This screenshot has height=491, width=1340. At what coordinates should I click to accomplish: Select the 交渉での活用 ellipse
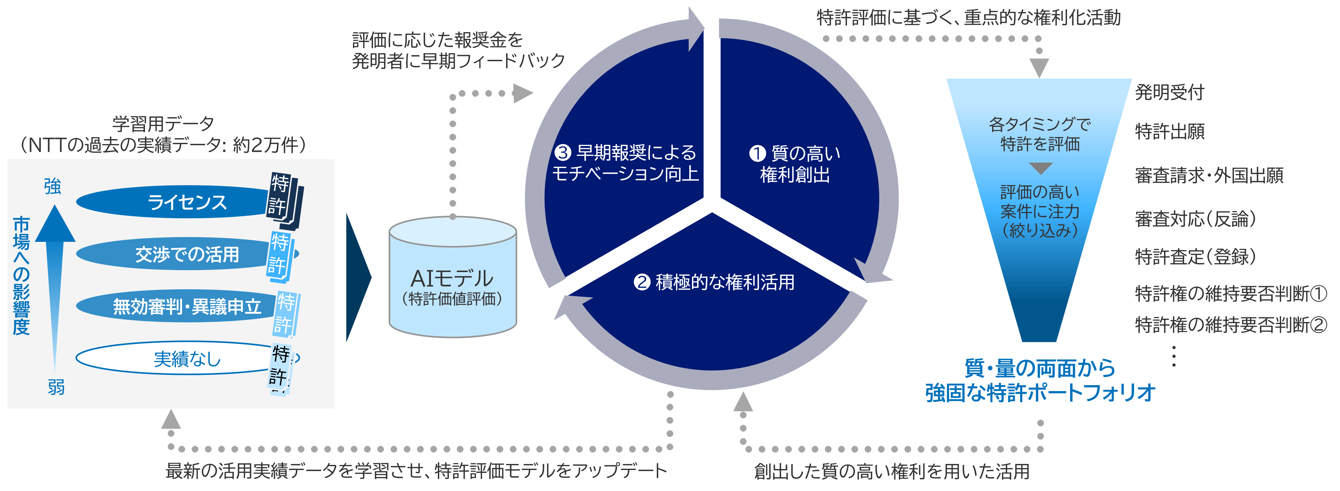[x=177, y=254]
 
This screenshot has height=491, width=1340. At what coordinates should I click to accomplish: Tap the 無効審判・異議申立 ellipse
[x=177, y=306]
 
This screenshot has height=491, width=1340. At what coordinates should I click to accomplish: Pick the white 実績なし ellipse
[x=177, y=358]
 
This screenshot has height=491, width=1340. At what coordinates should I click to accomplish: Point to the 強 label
[x=53, y=186]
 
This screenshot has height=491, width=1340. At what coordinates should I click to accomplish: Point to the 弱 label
[x=56, y=387]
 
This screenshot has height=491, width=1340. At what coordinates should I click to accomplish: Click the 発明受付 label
[x=1169, y=92]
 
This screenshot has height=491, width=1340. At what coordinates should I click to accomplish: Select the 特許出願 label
[x=1169, y=131]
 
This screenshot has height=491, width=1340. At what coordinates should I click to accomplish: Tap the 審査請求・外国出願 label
[x=1209, y=175]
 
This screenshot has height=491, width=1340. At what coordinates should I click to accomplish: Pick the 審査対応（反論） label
[x=1195, y=219]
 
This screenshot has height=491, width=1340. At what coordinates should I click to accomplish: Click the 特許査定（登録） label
[x=1195, y=256]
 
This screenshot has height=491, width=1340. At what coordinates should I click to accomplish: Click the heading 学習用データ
[x=163, y=124]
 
